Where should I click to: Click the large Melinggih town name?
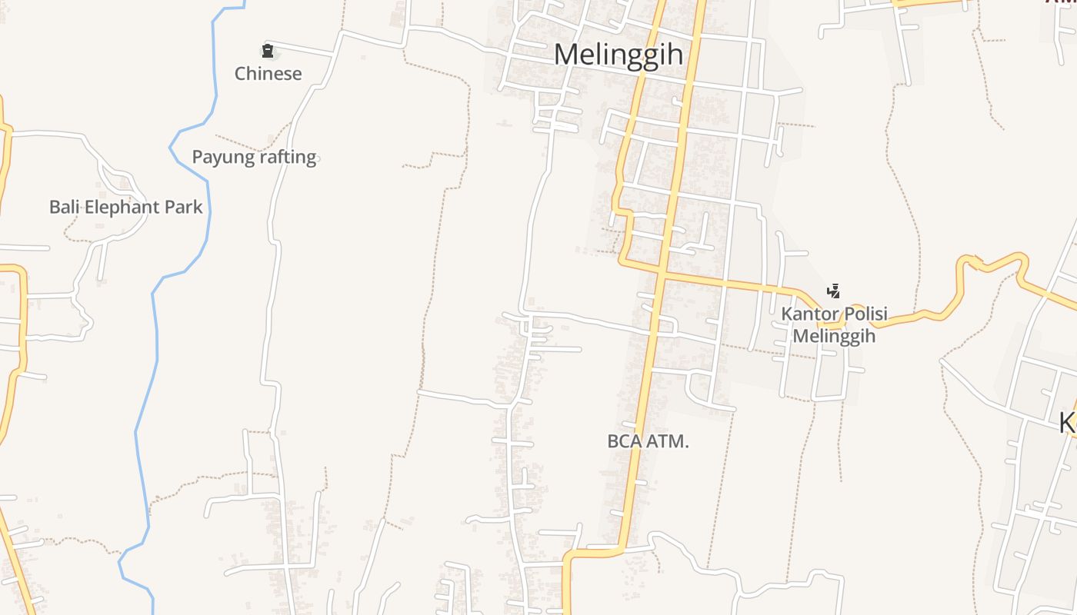(x=619, y=55)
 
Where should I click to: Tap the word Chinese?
(x=268, y=74)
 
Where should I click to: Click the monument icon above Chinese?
(x=268, y=52)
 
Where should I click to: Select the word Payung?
(x=218, y=158)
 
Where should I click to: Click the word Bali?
(x=65, y=207)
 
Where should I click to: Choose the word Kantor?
(x=809, y=314)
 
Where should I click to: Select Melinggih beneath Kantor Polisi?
(x=834, y=336)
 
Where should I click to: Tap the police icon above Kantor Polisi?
(x=833, y=291)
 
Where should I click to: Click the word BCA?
(x=623, y=441)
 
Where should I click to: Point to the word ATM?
(x=666, y=441)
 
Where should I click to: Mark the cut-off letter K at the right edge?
(x=1068, y=422)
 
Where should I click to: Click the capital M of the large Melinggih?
(x=565, y=55)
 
